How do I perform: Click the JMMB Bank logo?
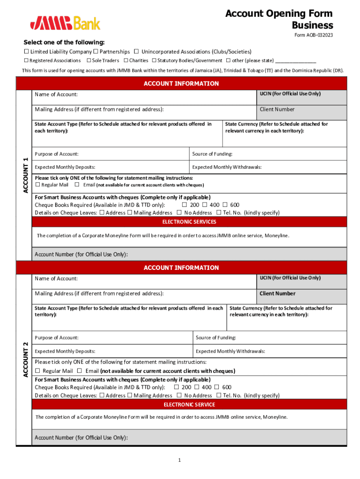click(x=65, y=22)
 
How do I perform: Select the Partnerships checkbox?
click(x=95, y=51)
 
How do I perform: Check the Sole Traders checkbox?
click(x=88, y=60)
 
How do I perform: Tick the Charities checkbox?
click(x=126, y=60)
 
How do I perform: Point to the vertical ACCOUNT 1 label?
click(x=26, y=175)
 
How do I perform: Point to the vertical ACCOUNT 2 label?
click(x=26, y=359)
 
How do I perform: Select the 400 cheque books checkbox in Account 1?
click(x=205, y=205)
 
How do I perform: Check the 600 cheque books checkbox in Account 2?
click(x=217, y=387)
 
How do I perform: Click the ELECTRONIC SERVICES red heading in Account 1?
click(x=189, y=222)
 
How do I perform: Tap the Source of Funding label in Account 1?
click(x=212, y=154)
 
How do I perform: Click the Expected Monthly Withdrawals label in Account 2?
click(x=230, y=351)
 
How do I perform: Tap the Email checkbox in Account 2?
click(x=79, y=371)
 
